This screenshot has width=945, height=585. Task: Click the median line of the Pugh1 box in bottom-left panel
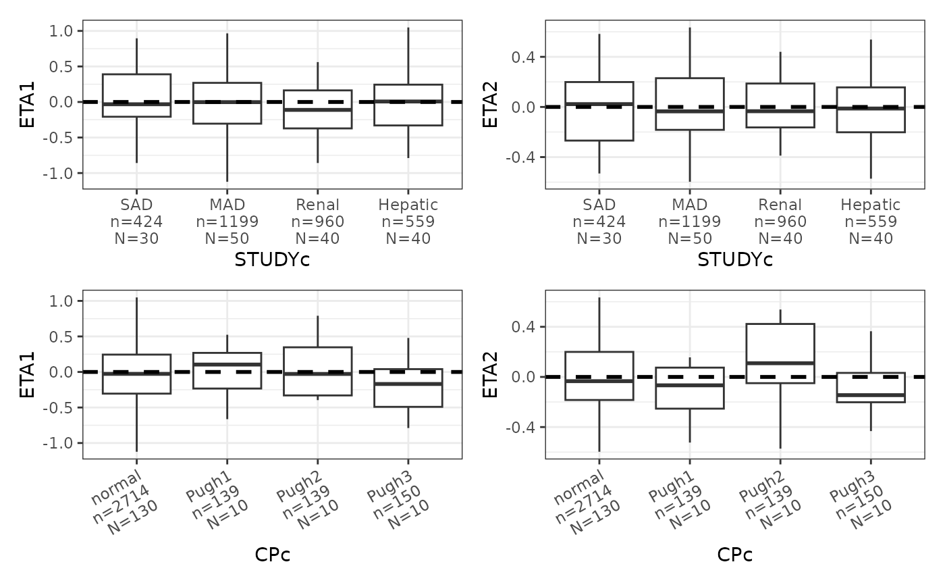click(x=227, y=364)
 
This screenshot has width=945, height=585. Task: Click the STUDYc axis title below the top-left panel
click(x=272, y=260)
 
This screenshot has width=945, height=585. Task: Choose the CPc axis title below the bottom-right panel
click(x=735, y=555)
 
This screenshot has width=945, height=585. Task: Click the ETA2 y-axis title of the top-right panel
click(x=490, y=104)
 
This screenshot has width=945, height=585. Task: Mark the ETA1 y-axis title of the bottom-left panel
click(x=28, y=374)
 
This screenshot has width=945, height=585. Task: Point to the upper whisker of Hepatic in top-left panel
click(x=408, y=55)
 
